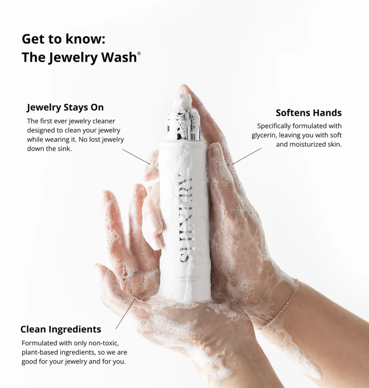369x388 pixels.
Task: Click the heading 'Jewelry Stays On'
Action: pyautogui.click(x=65, y=107)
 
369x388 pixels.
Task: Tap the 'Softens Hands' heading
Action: pyautogui.click(x=308, y=113)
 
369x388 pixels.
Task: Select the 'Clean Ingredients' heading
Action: pyautogui.click(x=61, y=329)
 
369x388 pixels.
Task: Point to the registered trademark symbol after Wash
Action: pyautogui.click(x=139, y=53)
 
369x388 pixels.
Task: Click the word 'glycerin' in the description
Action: pyautogui.click(x=264, y=135)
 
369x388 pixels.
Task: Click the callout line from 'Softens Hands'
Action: pyautogui.click(x=247, y=156)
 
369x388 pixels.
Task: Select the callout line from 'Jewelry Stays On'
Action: pyautogui.click(x=136, y=157)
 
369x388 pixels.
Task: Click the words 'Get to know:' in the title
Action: pyautogui.click(x=63, y=39)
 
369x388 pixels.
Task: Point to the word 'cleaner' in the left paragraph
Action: pyautogui.click(x=104, y=121)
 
